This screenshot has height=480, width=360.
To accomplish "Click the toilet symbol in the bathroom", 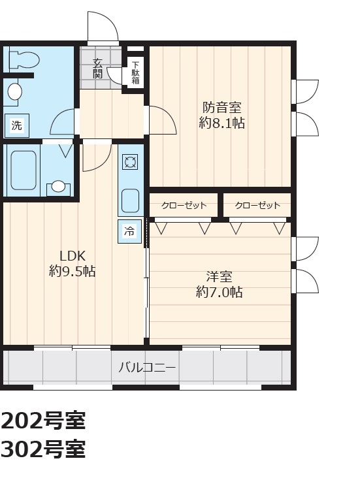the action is pos(25,58).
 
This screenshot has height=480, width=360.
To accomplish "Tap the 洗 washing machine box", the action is pos(17,125).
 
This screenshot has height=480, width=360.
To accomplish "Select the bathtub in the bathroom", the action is pos(24,170).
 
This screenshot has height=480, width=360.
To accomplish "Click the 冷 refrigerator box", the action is pos(130,231).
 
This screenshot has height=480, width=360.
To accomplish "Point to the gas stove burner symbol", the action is pos(130,162).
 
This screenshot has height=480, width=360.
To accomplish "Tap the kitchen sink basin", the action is pos(130,201).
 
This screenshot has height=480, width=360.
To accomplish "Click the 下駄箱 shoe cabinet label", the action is pos(135,72).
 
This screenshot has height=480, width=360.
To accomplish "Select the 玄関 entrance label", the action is pos(98,69).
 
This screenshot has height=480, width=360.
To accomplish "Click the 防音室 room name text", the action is pos(222,108).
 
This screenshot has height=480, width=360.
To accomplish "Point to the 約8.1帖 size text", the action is pos(222,123).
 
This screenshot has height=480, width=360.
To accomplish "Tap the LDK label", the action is pos(73,255).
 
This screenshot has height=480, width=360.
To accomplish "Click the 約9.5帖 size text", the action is pos(73,271).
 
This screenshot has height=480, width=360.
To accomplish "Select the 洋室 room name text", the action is pos(220,277).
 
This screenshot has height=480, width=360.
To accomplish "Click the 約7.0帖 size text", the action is pos(220,293).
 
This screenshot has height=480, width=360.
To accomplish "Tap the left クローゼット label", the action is pos(184,205).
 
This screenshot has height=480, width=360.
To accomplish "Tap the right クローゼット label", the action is pos(257,205).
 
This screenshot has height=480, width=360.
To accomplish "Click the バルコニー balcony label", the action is pos(148,367).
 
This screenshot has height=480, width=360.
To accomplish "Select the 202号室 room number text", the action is pos(43,421).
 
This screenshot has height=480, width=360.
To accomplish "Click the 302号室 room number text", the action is pos(43,449).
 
